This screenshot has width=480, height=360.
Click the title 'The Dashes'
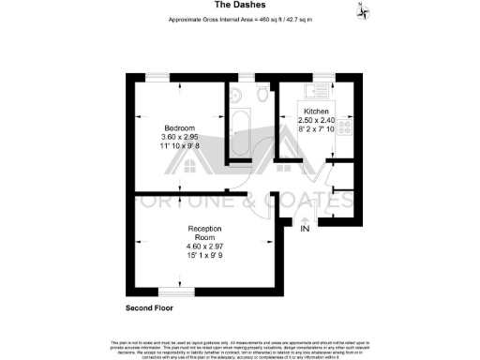(x=239, y=7)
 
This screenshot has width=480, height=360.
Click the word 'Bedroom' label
(x=179, y=127)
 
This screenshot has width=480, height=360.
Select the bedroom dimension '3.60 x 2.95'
(x=179, y=138)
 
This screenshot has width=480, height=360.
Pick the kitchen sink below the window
(x=324, y=92)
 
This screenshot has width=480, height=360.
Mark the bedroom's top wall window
(x=159, y=76)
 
